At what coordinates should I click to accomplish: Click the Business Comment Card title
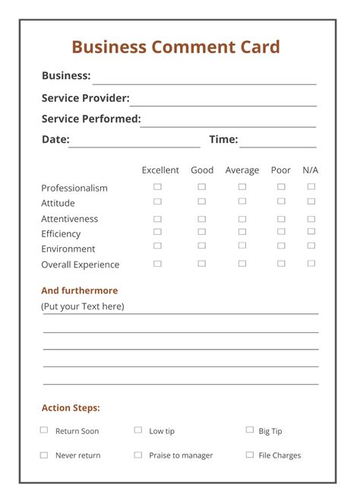pos(175,47)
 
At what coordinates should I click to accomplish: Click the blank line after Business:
pos(204,79)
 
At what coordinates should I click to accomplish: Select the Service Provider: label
pos(85,98)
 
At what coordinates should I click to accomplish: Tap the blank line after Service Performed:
pos(228,122)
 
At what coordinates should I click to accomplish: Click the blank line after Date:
pos(134,142)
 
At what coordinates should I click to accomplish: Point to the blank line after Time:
pos(278,142)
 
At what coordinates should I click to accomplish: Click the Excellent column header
pos(160,170)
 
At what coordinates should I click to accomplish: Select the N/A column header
pos(311,170)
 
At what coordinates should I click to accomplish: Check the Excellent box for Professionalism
pos(157,186)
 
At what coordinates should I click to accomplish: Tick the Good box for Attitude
pos(201,201)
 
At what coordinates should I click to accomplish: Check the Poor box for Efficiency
pos(281,231)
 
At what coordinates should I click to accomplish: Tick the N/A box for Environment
pos(311,246)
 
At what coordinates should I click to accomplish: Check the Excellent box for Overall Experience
pos(157,264)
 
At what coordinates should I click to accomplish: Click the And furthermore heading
pos(80,290)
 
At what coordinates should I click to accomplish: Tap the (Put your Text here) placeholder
pos(83,306)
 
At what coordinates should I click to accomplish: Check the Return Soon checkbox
pos(44,430)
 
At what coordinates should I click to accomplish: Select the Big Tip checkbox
pos(249,430)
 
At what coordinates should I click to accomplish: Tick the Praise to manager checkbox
pos(138,455)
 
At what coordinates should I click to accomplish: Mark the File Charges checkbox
pos(249,455)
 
